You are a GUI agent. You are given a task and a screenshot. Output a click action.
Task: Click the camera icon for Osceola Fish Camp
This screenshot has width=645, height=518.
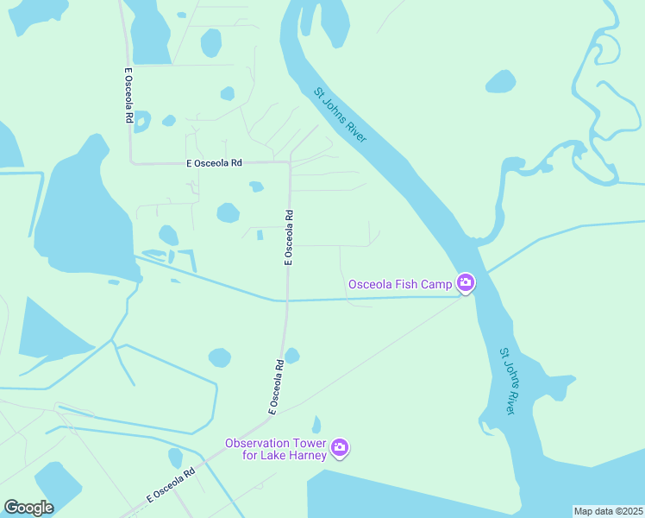pyautogui.click(x=465, y=282)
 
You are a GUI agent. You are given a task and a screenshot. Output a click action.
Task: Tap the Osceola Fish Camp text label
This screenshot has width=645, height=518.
pyautogui.click(x=400, y=284)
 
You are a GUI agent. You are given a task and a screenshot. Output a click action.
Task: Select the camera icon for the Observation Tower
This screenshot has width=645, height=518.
pyautogui.click(x=340, y=446)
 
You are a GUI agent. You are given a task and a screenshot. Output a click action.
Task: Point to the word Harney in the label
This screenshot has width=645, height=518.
pyautogui.click(x=305, y=456)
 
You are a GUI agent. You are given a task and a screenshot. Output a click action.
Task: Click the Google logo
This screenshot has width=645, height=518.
pyautogui.click(x=28, y=508)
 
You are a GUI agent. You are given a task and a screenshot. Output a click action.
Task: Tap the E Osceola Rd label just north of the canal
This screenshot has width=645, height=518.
pyautogui.click(x=290, y=237)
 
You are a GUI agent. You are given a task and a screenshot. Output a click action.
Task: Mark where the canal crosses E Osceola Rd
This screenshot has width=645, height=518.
pyautogui.click(x=285, y=300)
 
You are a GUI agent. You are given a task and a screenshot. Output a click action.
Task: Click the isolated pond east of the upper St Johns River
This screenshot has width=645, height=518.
pyautogui.click(x=500, y=82)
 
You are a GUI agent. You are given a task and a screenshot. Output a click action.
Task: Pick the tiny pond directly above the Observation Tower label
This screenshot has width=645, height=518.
pyautogui.click(x=316, y=424)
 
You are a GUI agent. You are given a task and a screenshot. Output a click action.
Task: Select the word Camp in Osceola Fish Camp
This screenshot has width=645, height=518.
pyautogui.click(x=438, y=284)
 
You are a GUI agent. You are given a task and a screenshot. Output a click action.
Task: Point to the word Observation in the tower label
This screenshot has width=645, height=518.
pyautogui.click(x=255, y=443)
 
